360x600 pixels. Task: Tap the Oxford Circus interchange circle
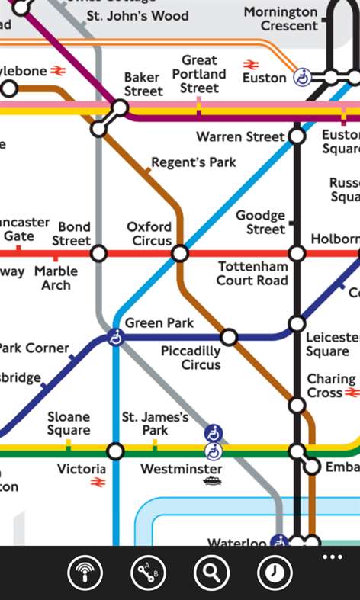180,253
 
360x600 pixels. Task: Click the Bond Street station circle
98,253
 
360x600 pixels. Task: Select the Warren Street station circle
297,137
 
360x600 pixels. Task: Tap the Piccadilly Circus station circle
229,337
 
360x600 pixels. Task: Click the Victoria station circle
115,451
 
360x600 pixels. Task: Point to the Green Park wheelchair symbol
115,337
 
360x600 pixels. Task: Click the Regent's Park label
193,162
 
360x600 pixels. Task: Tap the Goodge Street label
260,223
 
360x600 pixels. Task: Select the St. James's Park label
155,424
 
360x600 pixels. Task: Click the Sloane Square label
69,424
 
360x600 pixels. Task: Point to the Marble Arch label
56,278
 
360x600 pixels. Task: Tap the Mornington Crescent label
281,19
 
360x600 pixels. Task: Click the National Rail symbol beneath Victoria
98,483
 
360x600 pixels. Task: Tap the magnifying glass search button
211,573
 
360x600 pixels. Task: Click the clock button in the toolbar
275,573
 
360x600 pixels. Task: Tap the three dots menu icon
333,557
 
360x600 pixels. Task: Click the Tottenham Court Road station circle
297,253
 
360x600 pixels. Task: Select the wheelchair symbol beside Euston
302,77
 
